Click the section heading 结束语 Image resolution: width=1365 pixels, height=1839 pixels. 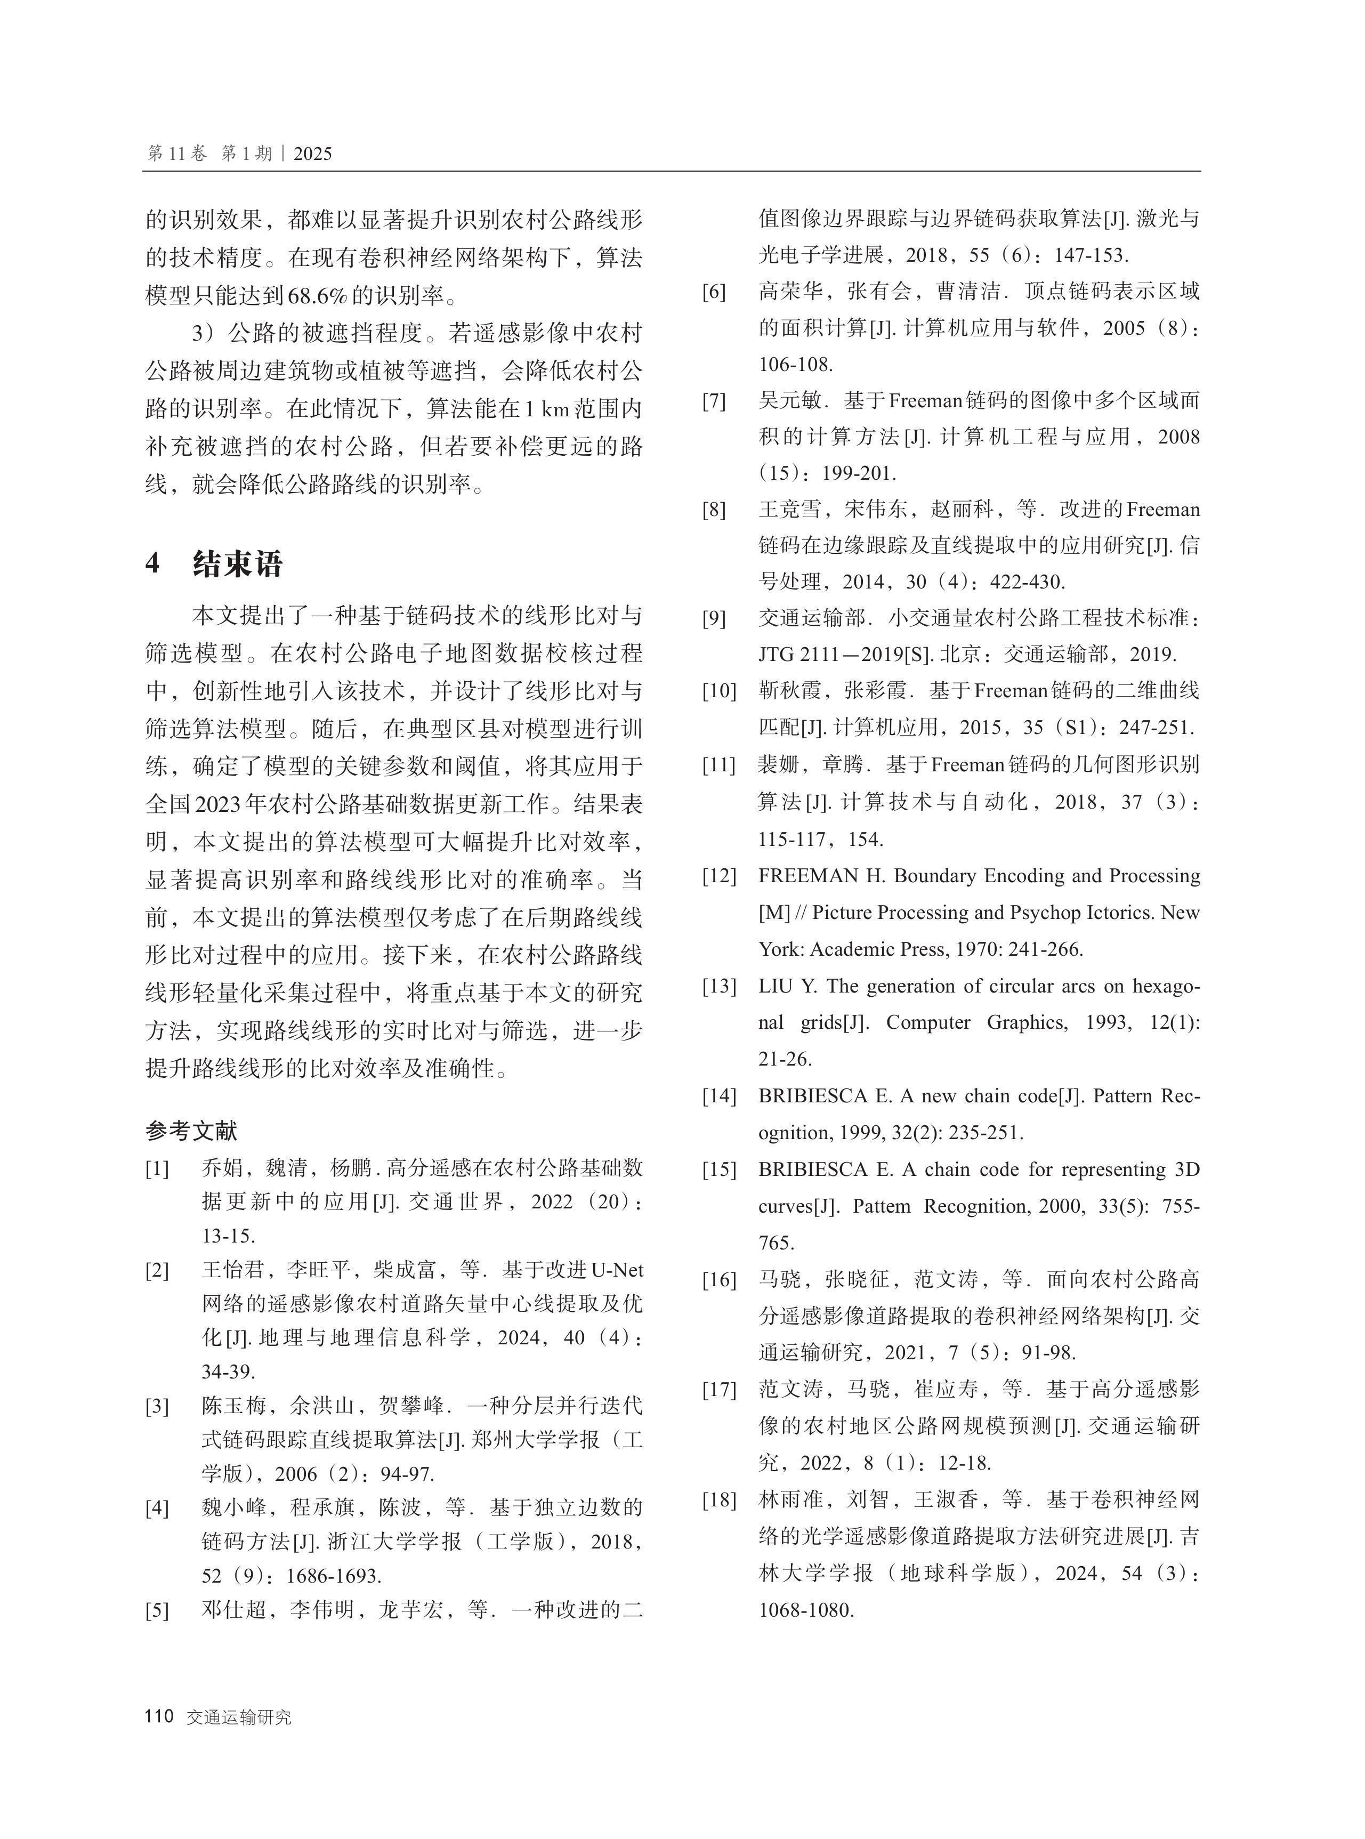pos(238,564)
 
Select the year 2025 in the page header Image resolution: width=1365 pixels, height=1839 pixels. pos(312,154)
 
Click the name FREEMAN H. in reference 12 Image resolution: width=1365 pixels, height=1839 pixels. pos(821,876)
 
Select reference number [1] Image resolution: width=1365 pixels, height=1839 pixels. pos(157,1168)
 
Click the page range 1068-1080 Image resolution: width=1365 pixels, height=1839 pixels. pos(805,1609)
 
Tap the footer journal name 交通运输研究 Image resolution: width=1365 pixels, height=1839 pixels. pos(239,1717)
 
